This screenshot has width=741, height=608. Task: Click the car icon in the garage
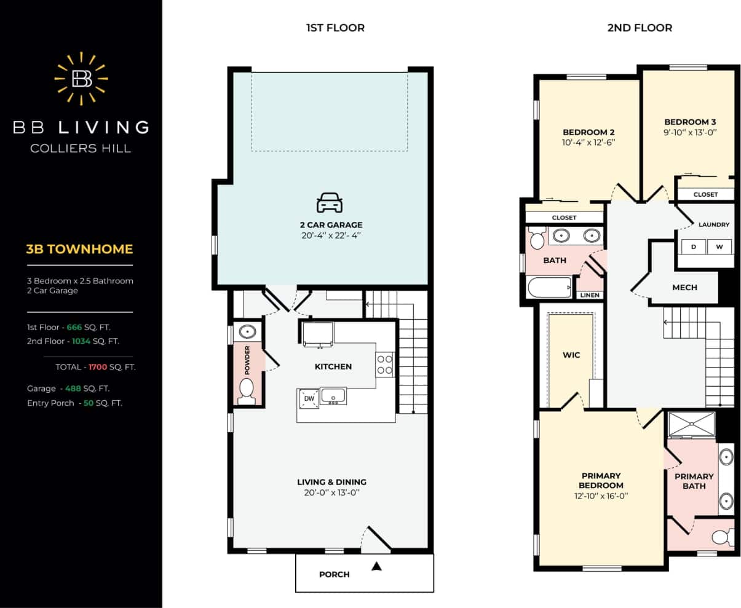coord(330,202)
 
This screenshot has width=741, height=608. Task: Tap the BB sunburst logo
coord(82,78)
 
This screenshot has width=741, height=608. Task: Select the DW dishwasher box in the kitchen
coord(309,398)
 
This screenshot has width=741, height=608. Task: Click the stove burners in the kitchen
coord(385,364)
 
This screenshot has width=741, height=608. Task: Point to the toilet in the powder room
coord(247,391)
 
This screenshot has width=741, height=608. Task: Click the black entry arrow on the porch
coord(377,566)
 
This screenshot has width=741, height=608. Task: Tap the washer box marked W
coord(719,247)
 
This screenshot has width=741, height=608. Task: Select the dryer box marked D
coord(694,247)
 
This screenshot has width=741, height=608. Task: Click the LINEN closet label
coord(590,295)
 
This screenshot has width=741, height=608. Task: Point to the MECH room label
coord(684,287)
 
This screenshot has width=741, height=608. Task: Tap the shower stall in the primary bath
coord(692,424)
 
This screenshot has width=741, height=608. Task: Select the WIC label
coord(571,355)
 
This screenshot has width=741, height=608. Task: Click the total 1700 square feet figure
coord(98,367)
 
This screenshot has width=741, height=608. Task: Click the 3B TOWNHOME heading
coord(79,249)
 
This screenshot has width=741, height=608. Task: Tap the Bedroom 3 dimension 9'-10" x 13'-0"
coord(690,132)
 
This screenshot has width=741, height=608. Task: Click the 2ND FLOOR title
coord(640,28)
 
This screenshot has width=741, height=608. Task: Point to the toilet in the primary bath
coord(721,538)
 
